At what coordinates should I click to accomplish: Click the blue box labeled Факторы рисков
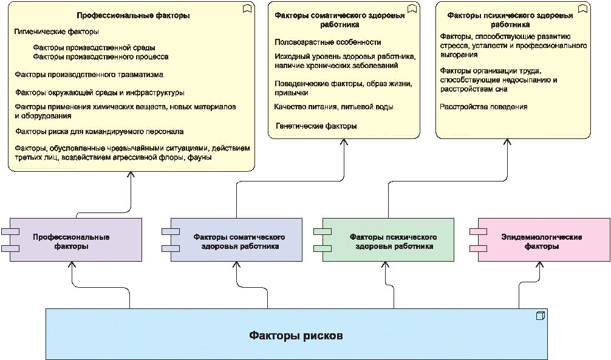pyautogui.click(x=297, y=335)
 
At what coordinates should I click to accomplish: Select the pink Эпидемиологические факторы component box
pyautogui.click(x=544, y=241)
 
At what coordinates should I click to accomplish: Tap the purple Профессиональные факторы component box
pyautogui.click(x=76, y=241)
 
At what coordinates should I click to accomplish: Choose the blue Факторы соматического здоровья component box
pyautogui.click(x=237, y=241)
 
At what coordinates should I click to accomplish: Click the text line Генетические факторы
pyautogui.click(x=316, y=126)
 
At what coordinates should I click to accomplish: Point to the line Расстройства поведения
pyautogui.click(x=483, y=107)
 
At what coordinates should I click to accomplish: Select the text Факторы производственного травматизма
pyautogui.click(x=89, y=75)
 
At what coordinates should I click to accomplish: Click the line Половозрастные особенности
pyautogui.click(x=327, y=42)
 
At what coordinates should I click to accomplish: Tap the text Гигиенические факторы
pyautogui.click(x=56, y=31)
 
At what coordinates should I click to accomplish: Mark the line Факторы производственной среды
pyautogui.click(x=94, y=47)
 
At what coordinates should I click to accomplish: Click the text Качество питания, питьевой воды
pyautogui.click(x=333, y=107)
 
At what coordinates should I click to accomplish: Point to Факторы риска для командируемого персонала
pyautogui.click(x=99, y=131)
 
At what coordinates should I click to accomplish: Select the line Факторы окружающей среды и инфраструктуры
pyautogui.click(x=99, y=92)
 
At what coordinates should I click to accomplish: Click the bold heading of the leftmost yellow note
pyautogui.click(x=133, y=16)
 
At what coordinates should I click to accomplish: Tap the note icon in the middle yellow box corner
pyautogui.click(x=412, y=8)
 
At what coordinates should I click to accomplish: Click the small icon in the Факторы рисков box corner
pyautogui.click(x=540, y=316)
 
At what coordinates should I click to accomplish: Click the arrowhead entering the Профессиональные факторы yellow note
pyautogui.click(x=131, y=175)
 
